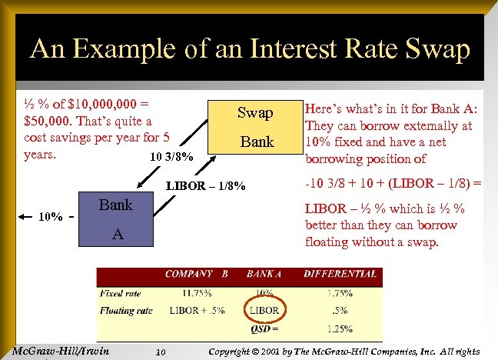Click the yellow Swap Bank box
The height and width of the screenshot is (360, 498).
click(254, 128)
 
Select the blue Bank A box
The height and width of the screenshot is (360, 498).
click(115, 220)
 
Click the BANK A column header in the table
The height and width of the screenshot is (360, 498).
click(264, 273)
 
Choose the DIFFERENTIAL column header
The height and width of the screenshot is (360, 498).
click(340, 273)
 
